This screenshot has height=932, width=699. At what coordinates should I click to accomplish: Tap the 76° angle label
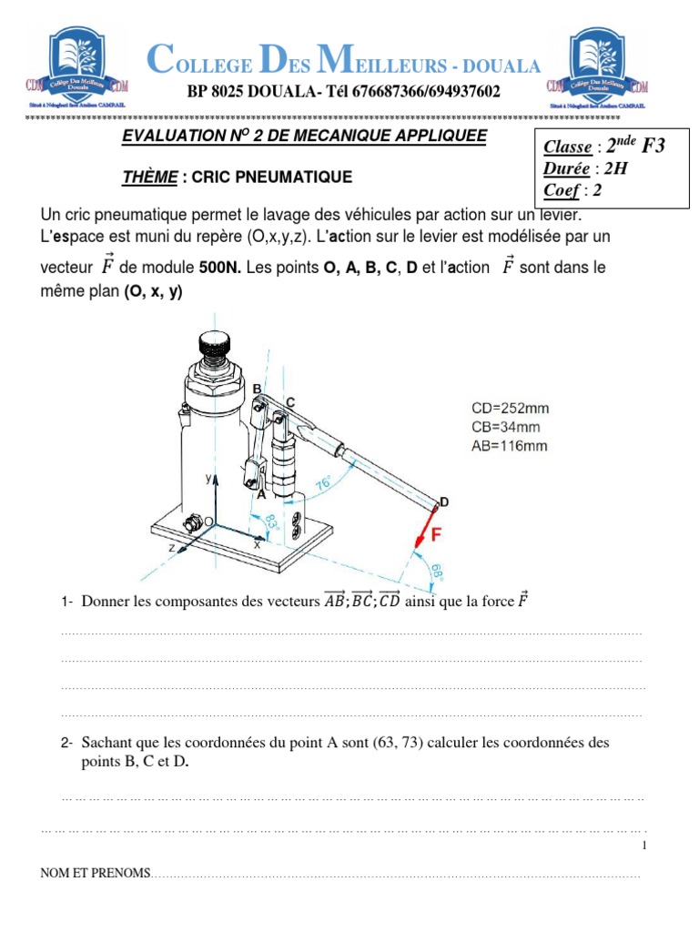322,484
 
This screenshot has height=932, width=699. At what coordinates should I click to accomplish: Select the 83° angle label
270,522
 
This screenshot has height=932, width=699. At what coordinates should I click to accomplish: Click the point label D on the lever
444,501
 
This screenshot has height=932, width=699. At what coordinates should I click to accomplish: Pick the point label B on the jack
257,389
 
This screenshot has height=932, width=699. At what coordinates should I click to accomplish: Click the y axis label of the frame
208,477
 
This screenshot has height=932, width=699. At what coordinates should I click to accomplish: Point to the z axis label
170,549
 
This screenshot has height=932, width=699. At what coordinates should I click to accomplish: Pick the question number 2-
66,744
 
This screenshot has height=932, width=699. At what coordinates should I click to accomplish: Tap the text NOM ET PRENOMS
95,873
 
